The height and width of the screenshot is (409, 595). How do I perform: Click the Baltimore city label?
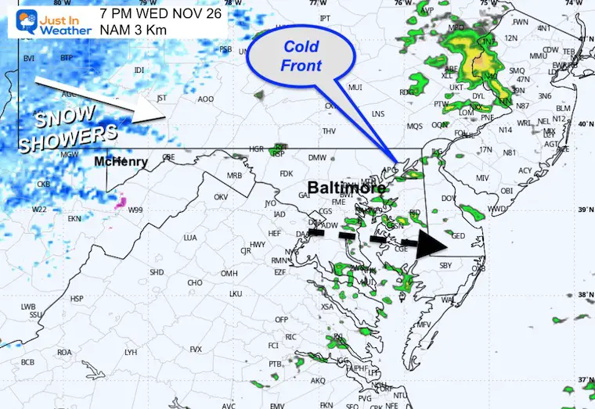[x=346, y=188]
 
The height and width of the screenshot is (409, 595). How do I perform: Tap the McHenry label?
[x=121, y=162]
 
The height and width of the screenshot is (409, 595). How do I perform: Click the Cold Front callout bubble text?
[x=302, y=57]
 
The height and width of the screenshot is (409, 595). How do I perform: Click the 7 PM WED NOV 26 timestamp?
[x=160, y=14]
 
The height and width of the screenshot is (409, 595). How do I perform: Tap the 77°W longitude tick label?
[x=318, y=3]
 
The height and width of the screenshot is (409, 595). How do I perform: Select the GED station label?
[x=460, y=235]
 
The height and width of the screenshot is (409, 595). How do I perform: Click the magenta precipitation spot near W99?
[x=121, y=203]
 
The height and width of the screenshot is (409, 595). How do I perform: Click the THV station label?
[x=329, y=131]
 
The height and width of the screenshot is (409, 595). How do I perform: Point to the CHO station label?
[x=195, y=283]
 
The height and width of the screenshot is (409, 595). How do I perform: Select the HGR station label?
[x=256, y=149]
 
